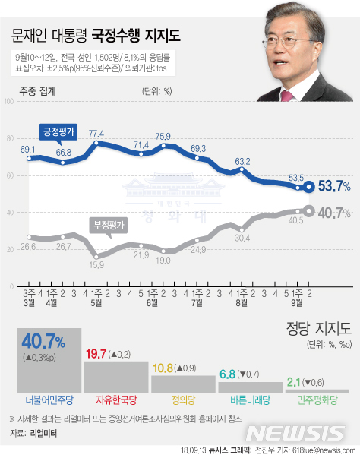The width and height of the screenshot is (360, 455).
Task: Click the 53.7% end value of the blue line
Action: (333, 185)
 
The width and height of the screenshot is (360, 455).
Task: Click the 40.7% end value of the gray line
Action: (333, 212)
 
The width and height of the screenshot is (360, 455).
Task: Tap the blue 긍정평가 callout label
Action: (58, 131)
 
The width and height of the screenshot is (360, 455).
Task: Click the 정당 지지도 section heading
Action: (311, 328)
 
